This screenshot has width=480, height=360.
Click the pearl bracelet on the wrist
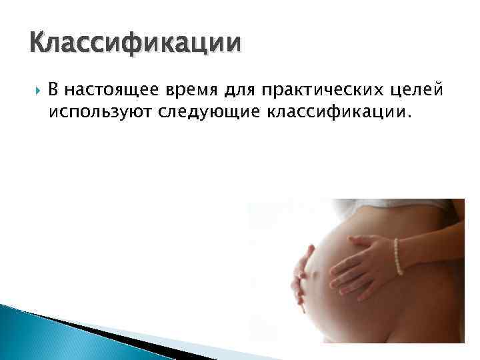coord(399,257)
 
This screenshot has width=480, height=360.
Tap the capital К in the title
coord(39,44)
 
